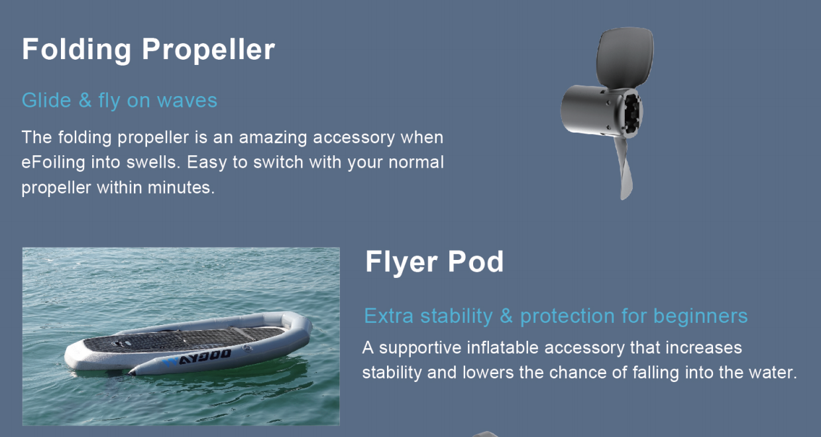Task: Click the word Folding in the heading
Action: click(x=76, y=50)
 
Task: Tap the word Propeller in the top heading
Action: click(x=208, y=50)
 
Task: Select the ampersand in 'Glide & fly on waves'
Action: click(x=85, y=100)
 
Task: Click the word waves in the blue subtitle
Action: click(x=187, y=101)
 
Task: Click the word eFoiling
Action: click(x=53, y=162)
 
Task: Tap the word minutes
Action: click(x=181, y=188)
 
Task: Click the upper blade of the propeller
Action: click(x=625, y=57)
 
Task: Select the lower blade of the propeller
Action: click(x=625, y=168)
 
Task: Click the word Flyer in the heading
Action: click(x=402, y=263)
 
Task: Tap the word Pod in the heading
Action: click(x=476, y=262)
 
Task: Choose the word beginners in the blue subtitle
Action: click(x=700, y=316)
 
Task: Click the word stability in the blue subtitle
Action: click(x=457, y=316)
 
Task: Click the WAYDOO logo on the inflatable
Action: click(x=197, y=357)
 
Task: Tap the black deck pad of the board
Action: click(x=184, y=340)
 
